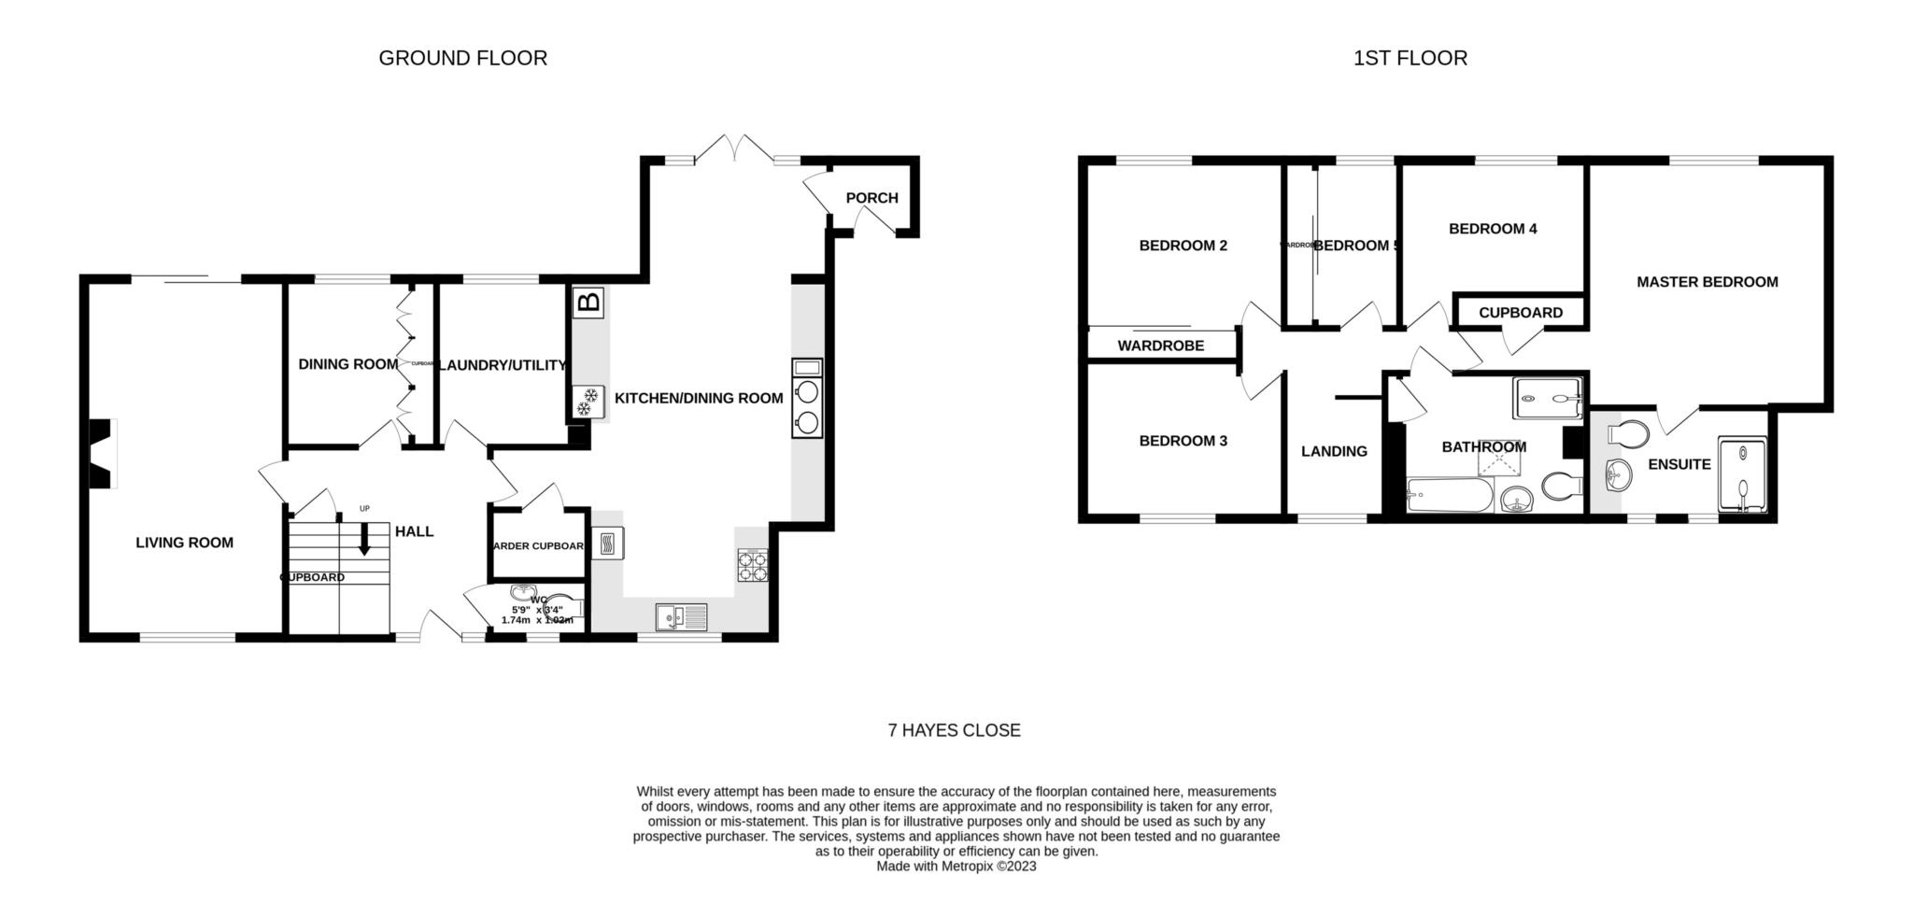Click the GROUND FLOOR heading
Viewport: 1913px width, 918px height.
tap(462, 58)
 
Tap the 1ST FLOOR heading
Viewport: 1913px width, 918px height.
tap(1410, 58)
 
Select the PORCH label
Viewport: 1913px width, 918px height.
tap(871, 198)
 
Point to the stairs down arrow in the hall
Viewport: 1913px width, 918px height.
tap(364, 538)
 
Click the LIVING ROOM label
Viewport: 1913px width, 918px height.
tap(184, 543)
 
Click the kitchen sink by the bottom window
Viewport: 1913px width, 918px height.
tap(682, 617)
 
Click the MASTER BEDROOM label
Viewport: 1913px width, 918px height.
tap(1707, 282)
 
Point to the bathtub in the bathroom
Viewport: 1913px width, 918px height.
tap(1449, 495)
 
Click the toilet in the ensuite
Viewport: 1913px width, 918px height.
tap(1629, 434)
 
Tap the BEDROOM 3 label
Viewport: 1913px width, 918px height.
tap(1183, 441)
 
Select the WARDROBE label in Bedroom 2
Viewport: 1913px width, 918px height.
tap(1160, 346)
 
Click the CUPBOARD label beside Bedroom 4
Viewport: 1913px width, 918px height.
tap(1520, 313)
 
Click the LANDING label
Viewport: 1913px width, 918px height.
tap(1333, 452)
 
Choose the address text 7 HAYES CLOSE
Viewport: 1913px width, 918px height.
tap(954, 730)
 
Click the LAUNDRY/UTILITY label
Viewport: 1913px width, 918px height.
tap(503, 365)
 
